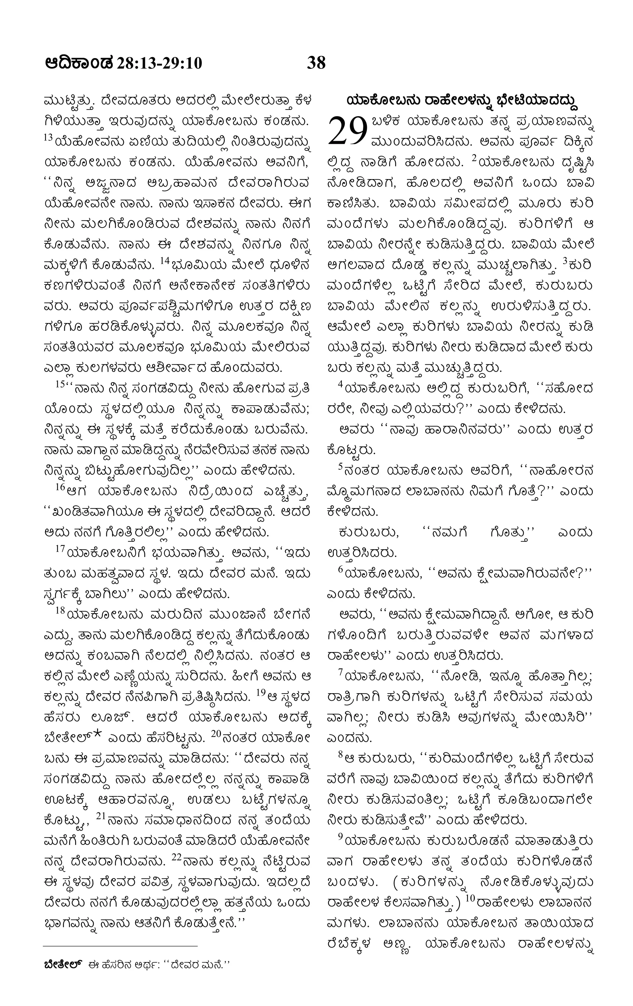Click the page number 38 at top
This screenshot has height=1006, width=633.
(x=316, y=63)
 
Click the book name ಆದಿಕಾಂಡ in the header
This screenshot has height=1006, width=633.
(x=79, y=63)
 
